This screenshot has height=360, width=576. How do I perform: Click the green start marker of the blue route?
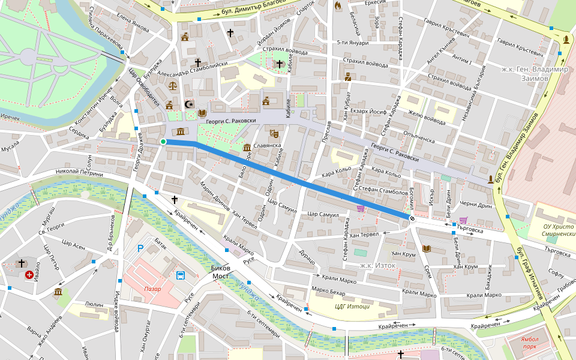point(163,142)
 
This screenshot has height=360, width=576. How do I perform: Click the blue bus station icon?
point(180,275)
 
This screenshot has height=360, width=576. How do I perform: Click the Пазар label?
point(153,289)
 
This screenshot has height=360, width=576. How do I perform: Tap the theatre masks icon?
point(274,133)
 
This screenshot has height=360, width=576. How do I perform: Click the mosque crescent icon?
point(190,104)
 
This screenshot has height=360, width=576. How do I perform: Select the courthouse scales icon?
point(173,85)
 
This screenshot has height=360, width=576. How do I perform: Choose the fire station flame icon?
point(337,7)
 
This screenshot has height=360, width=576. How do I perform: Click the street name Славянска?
point(268,145)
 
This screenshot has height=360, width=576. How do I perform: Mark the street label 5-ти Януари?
point(353,43)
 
